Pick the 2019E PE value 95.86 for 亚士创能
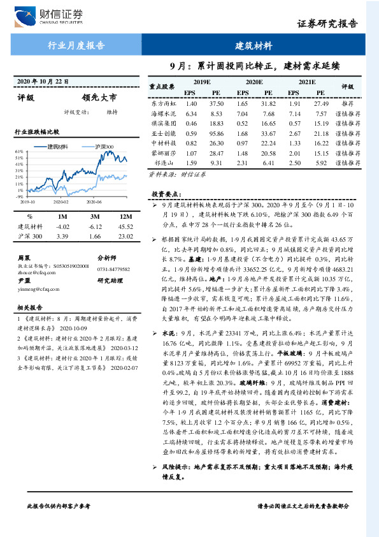pyautogui.click(x=217, y=134)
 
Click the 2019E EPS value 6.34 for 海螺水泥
pyautogui.click(x=190, y=113)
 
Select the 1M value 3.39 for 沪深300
pyautogui.click(x=62, y=236)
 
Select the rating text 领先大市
pyautogui.click(x=99, y=98)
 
